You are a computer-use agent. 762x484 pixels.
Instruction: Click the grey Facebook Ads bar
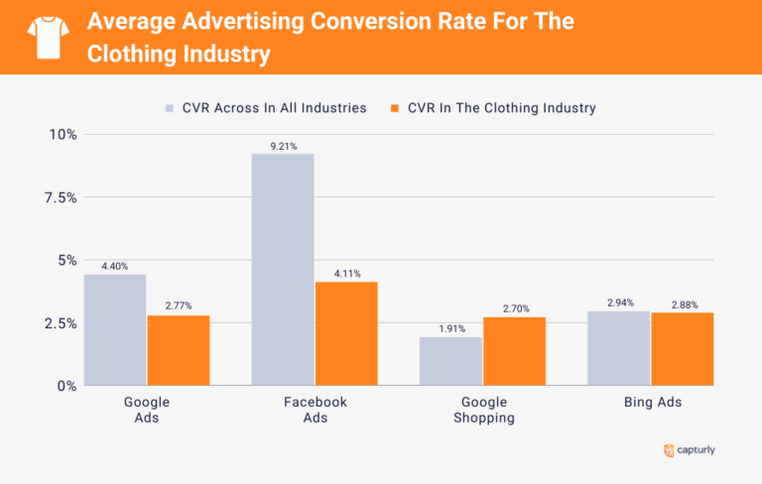[283, 269]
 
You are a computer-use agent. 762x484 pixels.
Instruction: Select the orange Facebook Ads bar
[346, 333]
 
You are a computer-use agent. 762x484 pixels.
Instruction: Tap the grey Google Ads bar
[115, 329]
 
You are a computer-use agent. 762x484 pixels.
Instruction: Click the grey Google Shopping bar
[450, 361]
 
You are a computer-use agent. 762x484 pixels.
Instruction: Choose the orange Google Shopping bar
[514, 351]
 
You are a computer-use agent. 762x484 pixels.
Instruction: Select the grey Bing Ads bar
[619, 348]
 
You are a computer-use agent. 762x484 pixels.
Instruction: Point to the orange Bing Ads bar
[683, 349]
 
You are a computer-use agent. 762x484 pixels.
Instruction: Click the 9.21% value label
[284, 146]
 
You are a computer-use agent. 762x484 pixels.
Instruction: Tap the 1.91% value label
[451, 328]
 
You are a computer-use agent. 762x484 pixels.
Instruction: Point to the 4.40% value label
[115, 266]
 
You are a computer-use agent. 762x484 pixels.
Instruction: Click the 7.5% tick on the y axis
[58, 197]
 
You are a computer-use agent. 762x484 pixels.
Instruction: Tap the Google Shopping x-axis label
[483, 410]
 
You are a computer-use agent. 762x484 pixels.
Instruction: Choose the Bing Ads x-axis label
[651, 403]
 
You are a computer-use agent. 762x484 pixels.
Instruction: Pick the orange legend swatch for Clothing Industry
[395, 108]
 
